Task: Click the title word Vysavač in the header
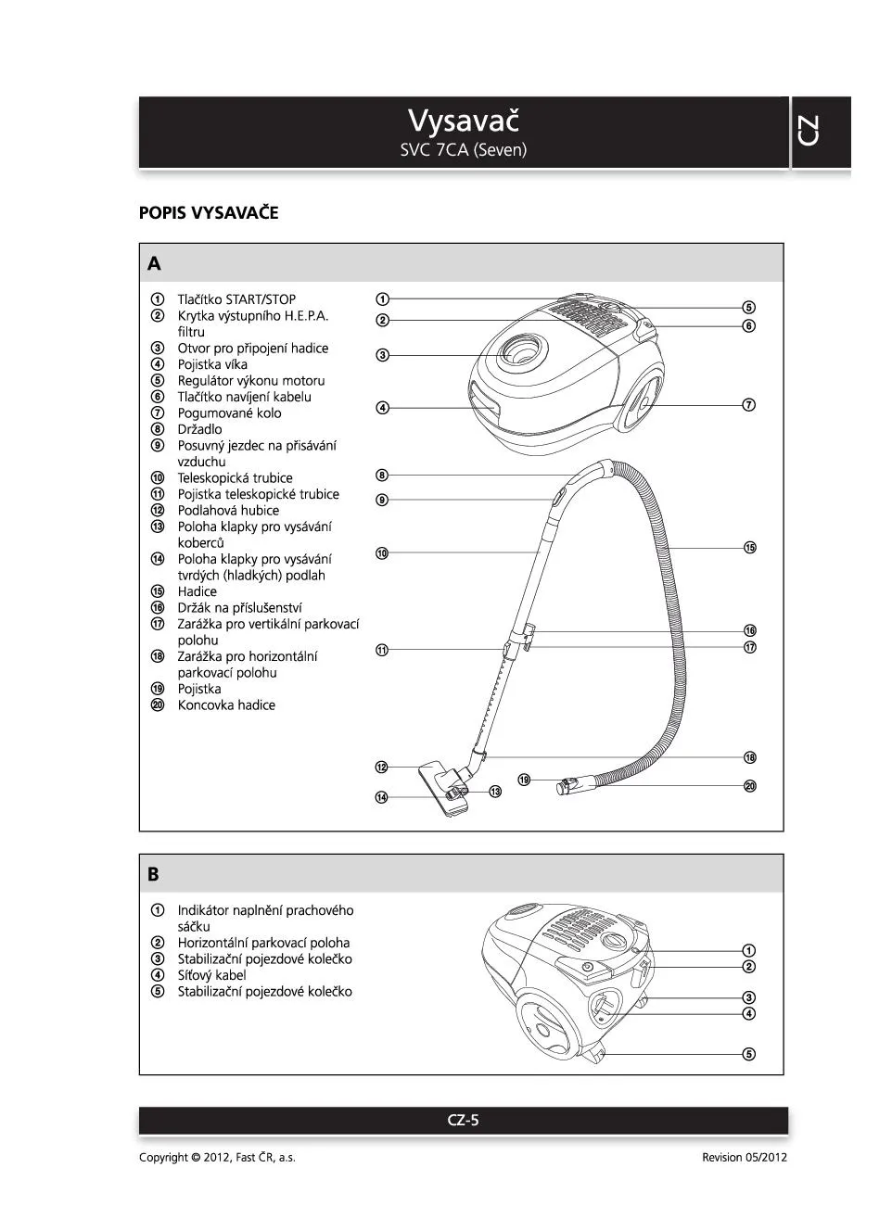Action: (x=464, y=121)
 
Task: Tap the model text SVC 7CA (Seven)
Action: (x=464, y=150)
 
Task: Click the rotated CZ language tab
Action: (x=808, y=131)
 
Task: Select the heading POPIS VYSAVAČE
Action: (x=209, y=213)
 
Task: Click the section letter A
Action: (x=154, y=264)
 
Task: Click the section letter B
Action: (x=153, y=874)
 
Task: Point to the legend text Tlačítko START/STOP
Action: (x=236, y=299)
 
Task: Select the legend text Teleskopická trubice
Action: (x=235, y=478)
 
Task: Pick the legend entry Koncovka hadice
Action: (x=226, y=705)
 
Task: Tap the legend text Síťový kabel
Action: (x=211, y=975)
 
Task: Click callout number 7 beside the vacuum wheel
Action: (x=749, y=405)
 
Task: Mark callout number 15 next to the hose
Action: (x=750, y=548)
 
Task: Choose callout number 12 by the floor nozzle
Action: (x=382, y=768)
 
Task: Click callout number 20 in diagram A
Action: (x=750, y=786)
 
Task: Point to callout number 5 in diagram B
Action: (x=749, y=1054)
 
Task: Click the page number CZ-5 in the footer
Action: (x=463, y=1120)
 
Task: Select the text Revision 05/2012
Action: (x=745, y=1158)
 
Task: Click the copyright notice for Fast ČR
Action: (x=217, y=1158)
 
